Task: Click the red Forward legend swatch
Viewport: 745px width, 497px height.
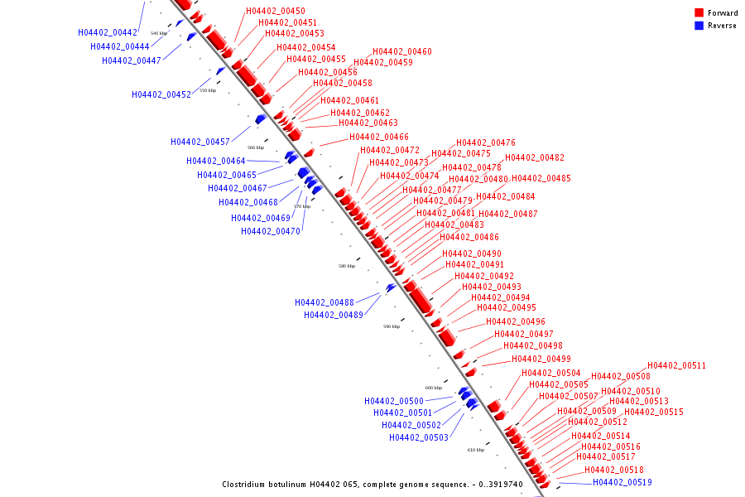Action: tap(699, 12)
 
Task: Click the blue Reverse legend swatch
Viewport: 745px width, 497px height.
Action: tap(699, 26)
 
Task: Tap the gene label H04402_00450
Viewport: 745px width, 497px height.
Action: tap(276, 11)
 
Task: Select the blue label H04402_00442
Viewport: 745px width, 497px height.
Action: tap(108, 32)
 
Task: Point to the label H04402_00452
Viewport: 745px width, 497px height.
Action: tap(161, 94)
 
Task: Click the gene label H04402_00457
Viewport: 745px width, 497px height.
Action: tap(200, 142)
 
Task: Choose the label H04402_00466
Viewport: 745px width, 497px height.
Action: tap(379, 137)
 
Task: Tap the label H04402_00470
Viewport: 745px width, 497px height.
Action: tap(271, 231)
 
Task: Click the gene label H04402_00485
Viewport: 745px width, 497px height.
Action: tap(541, 178)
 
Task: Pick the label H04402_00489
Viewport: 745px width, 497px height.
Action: tap(334, 315)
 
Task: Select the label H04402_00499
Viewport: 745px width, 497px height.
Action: tap(541, 359)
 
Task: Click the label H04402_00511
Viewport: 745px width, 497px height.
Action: tap(677, 365)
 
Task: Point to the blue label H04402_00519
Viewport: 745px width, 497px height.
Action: tap(622, 482)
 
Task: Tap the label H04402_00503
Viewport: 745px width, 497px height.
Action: tap(419, 437)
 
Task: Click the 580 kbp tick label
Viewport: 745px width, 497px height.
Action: tap(347, 266)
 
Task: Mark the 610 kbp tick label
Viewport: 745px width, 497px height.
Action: tap(476, 450)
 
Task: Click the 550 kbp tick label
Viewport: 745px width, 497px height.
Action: tap(208, 90)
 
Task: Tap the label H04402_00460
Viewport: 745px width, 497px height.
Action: tap(402, 51)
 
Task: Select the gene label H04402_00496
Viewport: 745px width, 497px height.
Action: tap(516, 321)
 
